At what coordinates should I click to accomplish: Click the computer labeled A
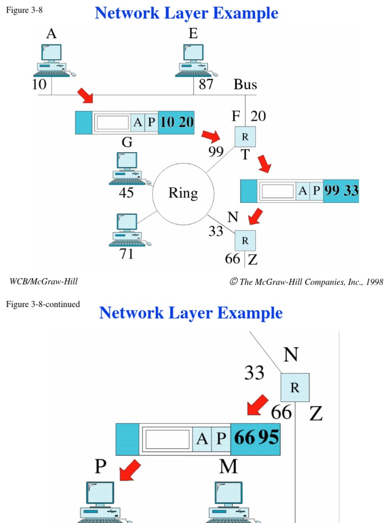[x=53, y=60]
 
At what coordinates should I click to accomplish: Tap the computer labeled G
[x=126, y=168]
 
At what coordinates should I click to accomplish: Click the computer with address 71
[x=126, y=230]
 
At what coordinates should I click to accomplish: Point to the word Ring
[x=183, y=193]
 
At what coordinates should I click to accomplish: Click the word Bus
[x=246, y=84]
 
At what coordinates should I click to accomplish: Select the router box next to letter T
[x=245, y=137]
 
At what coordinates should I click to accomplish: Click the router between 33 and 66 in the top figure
[x=245, y=240]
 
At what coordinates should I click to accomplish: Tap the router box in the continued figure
[x=295, y=388]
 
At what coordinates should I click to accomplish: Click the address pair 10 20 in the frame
[x=176, y=123]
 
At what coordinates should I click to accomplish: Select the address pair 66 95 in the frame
[x=256, y=438]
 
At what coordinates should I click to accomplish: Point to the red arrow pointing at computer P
[x=130, y=469]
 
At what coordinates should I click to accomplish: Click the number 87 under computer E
[x=206, y=84]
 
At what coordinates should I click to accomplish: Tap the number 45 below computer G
[x=126, y=193]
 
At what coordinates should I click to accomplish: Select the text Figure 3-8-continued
[x=43, y=304]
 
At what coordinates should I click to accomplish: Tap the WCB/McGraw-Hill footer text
[x=44, y=281]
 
